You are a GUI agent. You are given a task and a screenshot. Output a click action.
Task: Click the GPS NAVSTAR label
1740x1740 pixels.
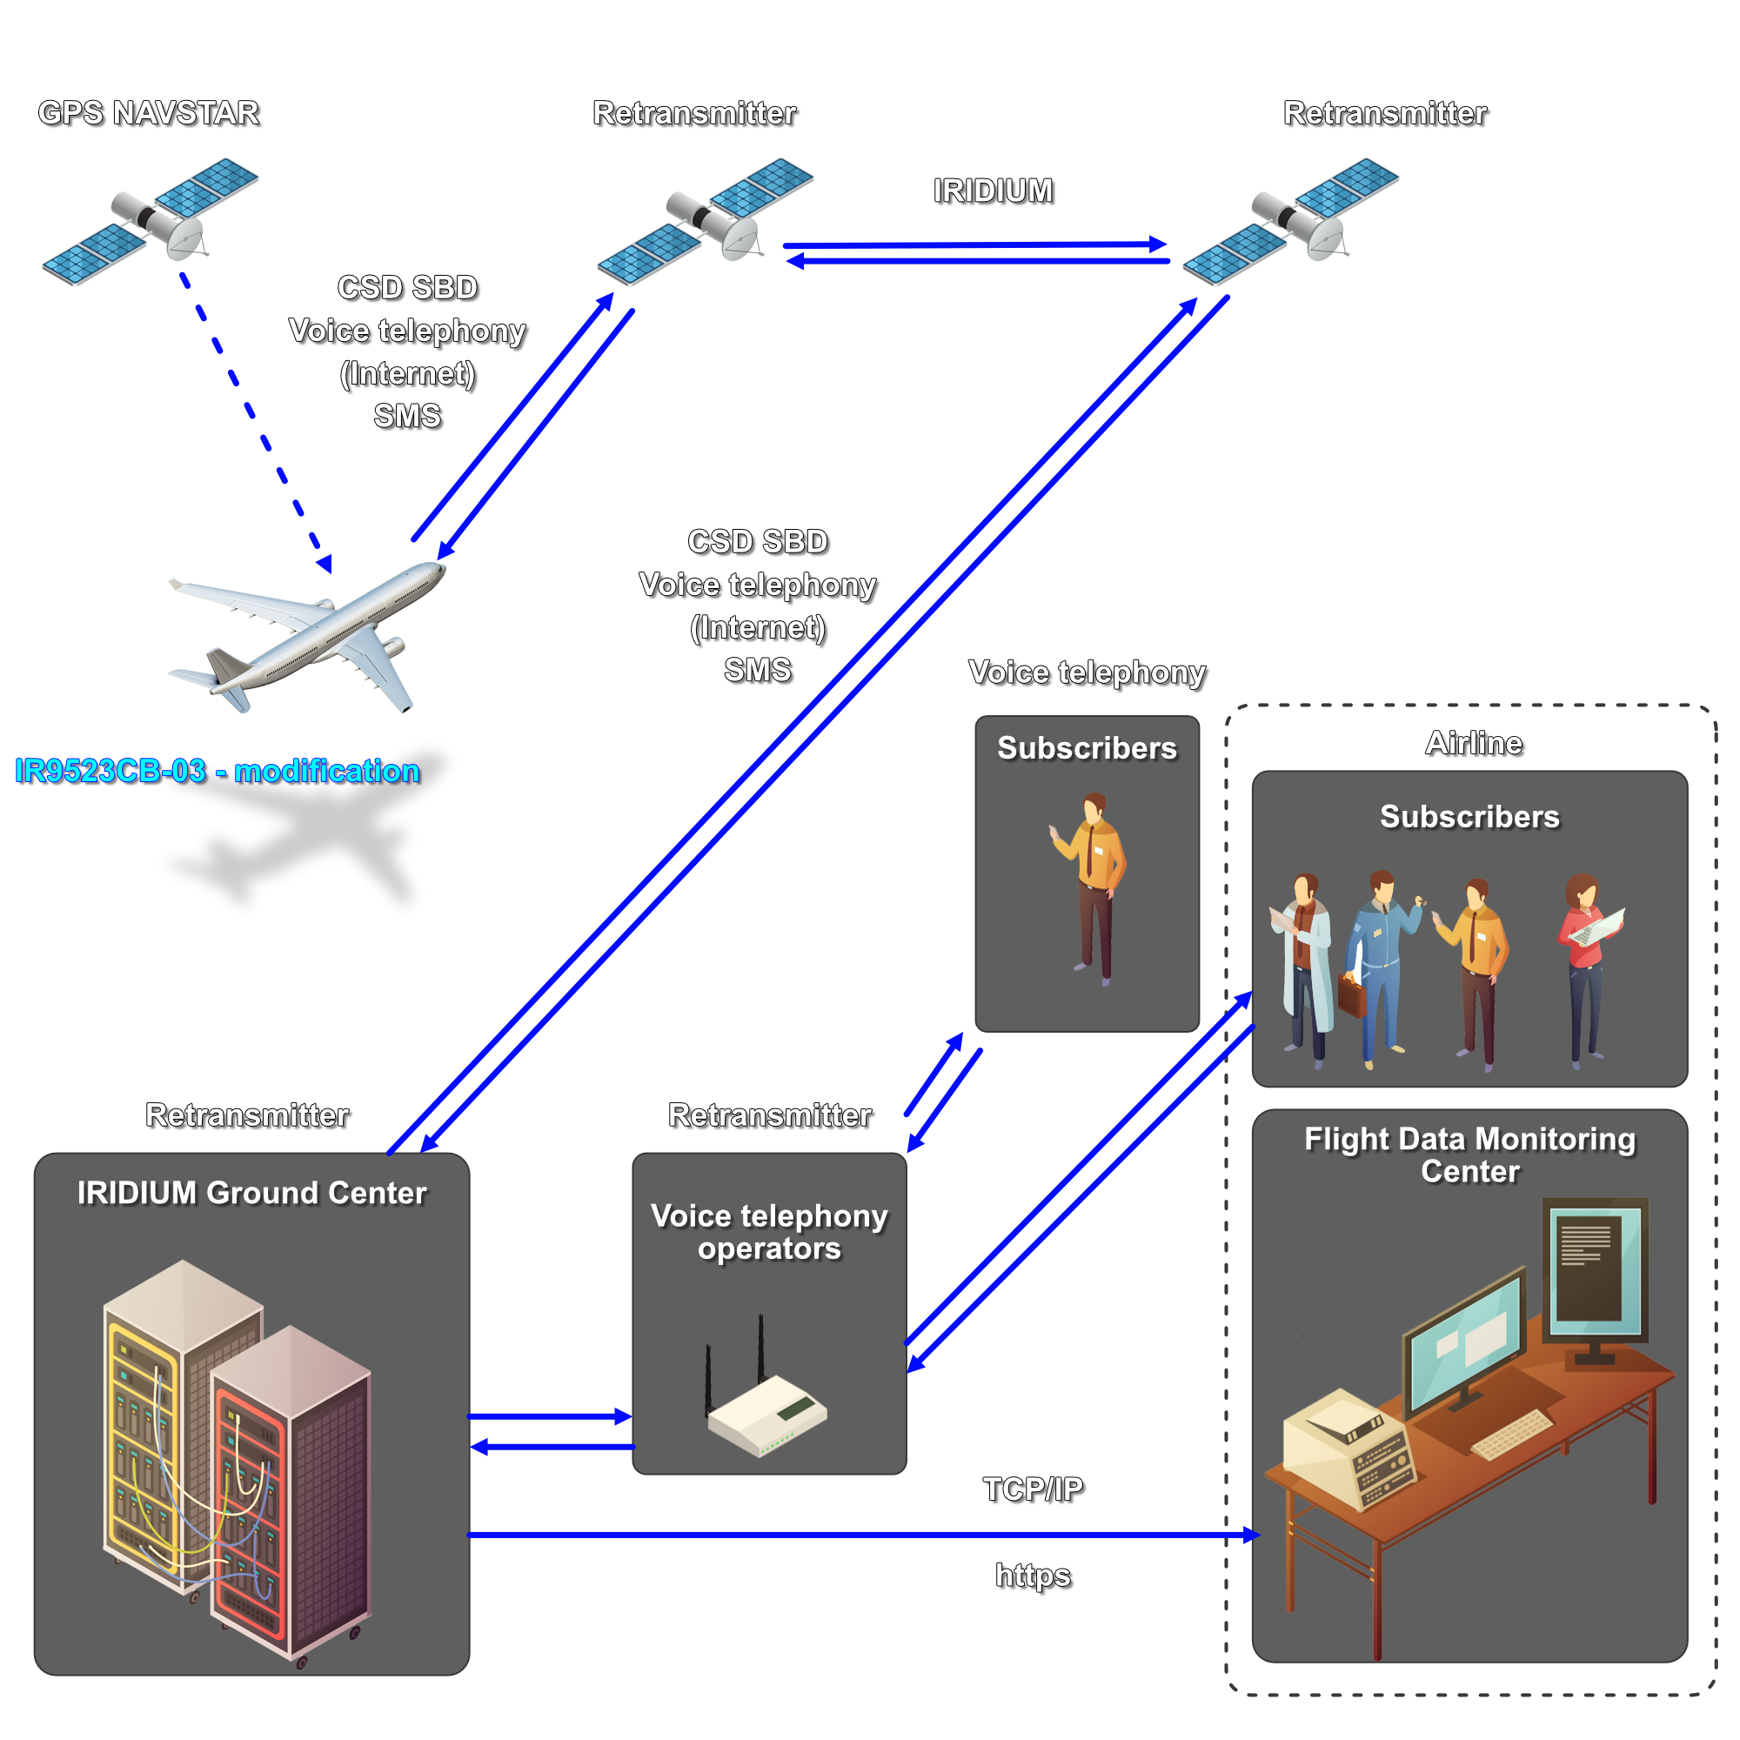[149, 112]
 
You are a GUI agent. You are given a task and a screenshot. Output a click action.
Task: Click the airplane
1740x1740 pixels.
[306, 634]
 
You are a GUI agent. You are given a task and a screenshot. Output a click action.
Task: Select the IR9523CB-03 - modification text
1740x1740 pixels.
[217, 771]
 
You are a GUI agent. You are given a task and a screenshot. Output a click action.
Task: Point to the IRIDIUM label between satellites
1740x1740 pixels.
[993, 191]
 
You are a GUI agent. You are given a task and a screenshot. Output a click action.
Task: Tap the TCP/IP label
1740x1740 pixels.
[1033, 1489]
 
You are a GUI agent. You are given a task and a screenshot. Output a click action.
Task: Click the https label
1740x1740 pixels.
[1033, 1576]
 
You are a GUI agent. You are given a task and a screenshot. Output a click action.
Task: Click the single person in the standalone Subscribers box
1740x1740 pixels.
[1093, 887]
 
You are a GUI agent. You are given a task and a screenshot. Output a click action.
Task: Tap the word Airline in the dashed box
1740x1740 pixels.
[1474, 743]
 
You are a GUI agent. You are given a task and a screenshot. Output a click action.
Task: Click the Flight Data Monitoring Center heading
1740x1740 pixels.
[1469, 1154]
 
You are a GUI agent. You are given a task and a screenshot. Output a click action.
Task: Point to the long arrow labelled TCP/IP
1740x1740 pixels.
[855, 1534]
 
